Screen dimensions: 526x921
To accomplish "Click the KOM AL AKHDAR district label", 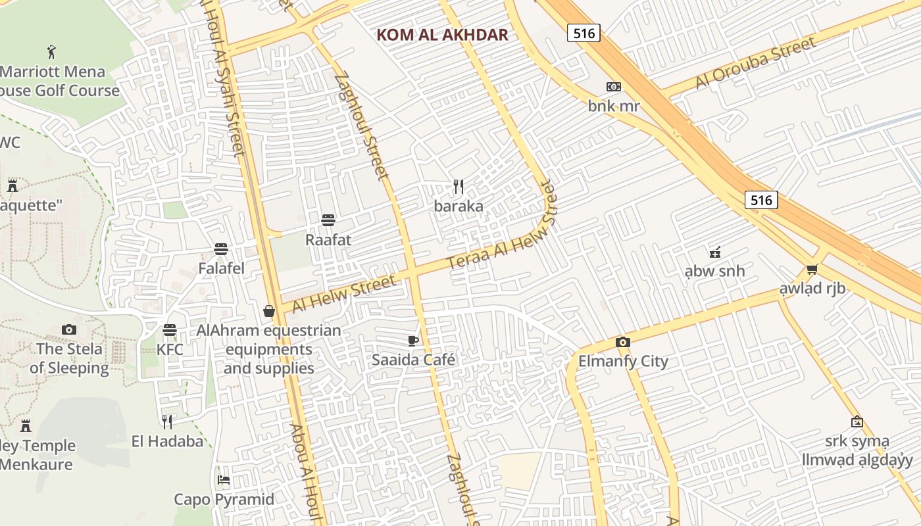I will (442, 35).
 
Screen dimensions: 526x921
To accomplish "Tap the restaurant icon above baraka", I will (459, 187).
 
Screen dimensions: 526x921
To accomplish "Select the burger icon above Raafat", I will (328, 220).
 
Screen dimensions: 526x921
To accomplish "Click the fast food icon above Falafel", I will (221, 249).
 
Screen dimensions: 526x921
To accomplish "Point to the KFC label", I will (170, 349).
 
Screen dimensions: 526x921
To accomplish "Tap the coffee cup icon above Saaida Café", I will (412, 340).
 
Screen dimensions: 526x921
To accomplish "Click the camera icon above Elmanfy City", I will (623, 342).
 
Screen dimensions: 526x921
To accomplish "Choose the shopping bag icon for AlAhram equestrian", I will (269, 311).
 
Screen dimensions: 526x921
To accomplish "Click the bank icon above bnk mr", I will (614, 87).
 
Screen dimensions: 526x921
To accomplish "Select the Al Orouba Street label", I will (756, 63).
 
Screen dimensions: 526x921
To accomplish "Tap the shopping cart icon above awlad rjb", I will (812, 270).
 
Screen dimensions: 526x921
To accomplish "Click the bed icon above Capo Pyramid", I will (224, 480).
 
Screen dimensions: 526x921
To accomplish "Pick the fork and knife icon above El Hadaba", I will (167, 421).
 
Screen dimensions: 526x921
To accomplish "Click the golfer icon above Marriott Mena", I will (52, 51).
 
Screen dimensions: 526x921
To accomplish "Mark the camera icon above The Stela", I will (69, 329).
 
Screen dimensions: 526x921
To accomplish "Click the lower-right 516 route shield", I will (761, 200).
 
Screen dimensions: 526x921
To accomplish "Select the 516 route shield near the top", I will (584, 33).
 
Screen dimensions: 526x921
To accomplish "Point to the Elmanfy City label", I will (623, 361).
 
